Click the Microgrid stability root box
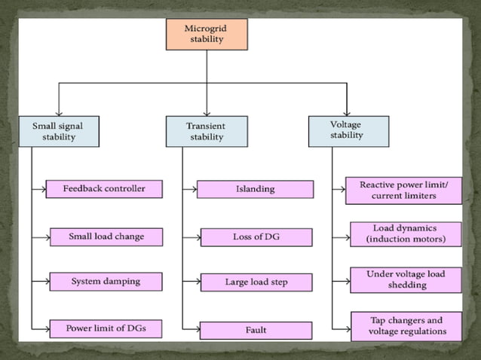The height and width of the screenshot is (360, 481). click(207, 34)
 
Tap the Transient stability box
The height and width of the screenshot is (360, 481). click(206, 131)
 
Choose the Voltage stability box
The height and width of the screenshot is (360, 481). click(348, 130)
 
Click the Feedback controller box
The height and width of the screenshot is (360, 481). click(104, 188)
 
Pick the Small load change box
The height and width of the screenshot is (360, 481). click(106, 236)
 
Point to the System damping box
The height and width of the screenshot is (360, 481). click(106, 282)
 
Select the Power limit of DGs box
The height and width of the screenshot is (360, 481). click(106, 328)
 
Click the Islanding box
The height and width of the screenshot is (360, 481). click(255, 189)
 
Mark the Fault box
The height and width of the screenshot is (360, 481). click(256, 330)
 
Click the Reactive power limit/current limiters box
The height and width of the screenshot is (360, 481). click(403, 190)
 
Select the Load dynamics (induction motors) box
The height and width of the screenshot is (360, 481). click(406, 233)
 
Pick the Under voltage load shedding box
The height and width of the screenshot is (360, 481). click(406, 279)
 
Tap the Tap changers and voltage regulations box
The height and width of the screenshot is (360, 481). click(406, 325)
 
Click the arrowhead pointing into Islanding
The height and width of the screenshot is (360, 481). click(194, 189)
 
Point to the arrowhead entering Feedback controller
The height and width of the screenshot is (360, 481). click(43, 188)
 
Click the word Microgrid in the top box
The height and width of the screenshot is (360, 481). click(207, 29)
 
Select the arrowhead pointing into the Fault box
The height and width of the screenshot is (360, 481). click(196, 330)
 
